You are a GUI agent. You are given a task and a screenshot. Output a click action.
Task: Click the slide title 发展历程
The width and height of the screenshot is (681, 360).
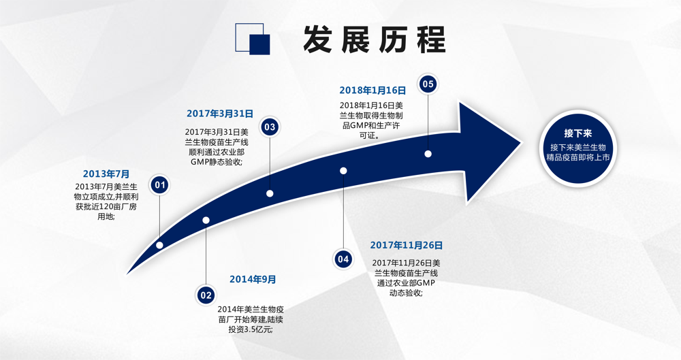point(374,39)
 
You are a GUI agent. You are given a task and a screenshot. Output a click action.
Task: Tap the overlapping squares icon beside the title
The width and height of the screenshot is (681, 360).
point(253,39)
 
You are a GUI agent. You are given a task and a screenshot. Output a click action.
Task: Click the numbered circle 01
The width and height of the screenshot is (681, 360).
point(160,185)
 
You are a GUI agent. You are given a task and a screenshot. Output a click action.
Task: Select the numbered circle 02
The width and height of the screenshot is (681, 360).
point(206,295)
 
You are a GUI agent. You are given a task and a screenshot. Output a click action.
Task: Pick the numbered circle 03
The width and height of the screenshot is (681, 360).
point(270,127)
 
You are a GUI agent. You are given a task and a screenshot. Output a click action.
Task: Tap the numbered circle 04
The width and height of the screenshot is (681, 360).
point(343,259)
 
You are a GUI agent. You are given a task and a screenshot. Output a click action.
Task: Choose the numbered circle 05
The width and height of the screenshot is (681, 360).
point(428,84)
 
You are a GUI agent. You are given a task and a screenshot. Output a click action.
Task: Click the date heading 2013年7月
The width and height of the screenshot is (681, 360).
point(106,174)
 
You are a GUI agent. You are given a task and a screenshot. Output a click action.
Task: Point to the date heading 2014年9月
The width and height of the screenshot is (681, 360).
point(253,279)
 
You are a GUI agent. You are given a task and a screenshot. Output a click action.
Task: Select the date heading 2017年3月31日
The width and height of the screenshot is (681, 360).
point(220,114)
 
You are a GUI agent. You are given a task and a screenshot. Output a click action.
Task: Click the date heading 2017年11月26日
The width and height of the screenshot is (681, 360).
point(407,246)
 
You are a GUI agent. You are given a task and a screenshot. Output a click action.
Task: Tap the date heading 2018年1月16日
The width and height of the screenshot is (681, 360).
point(373,91)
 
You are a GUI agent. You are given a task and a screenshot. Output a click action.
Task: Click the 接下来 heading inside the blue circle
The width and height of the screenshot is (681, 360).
point(578,133)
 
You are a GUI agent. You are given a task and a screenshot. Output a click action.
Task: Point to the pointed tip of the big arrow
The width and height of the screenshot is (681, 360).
point(521,142)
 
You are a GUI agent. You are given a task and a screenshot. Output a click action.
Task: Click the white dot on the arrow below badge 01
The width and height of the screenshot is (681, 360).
point(159,246)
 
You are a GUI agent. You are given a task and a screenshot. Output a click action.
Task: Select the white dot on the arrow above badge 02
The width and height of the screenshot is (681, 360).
point(206,220)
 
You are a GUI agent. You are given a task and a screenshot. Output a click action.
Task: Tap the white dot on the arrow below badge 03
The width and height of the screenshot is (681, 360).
point(270,193)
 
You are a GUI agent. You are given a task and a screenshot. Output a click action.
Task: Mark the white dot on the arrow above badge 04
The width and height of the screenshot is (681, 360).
point(343,171)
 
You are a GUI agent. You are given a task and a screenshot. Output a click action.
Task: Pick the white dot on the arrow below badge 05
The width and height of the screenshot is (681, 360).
point(428,154)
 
